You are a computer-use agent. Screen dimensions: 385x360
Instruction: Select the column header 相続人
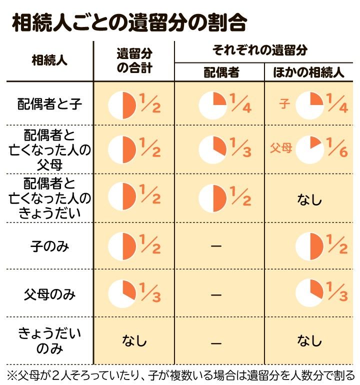click(x=49, y=61)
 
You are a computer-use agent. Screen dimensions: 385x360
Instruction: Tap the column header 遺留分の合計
click(x=134, y=61)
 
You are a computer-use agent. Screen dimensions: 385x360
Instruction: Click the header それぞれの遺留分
click(x=260, y=50)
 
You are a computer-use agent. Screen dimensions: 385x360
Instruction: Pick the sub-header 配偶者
click(x=219, y=72)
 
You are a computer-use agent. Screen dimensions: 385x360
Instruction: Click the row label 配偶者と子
click(x=49, y=104)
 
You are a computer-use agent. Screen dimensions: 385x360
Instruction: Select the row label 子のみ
click(x=49, y=246)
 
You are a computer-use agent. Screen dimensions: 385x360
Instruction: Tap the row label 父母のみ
click(x=49, y=294)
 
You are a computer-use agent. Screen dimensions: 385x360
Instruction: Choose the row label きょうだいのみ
click(x=49, y=340)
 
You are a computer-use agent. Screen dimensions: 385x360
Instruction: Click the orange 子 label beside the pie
click(x=285, y=104)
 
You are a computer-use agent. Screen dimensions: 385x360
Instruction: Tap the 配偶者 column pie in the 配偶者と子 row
click(x=213, y=105)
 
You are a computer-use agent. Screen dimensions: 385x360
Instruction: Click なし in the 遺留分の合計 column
click(x=134, y=341)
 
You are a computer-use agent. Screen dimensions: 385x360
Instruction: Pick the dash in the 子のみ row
click(x=216, y=247)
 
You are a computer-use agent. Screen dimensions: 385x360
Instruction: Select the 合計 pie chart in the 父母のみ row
click(x=122, y=294)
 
